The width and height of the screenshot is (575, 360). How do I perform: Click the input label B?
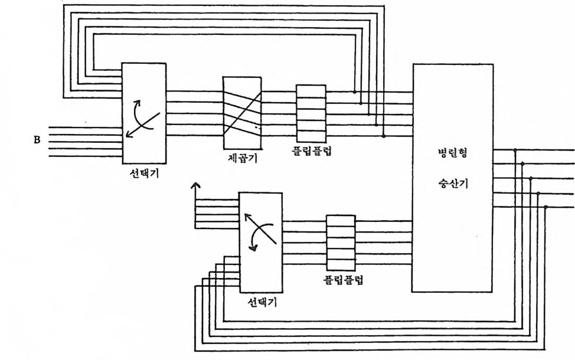[x=37, y=141]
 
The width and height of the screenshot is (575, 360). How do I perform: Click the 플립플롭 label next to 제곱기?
[x=312, y=151]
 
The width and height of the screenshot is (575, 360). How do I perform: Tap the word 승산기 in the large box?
[x=453, y=184]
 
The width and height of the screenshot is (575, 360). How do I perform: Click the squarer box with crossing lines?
[x=243, y=113]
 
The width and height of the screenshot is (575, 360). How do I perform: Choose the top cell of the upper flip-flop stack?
[x=311, y=91]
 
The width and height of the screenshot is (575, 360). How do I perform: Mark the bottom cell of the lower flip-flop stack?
[x=341, y=260]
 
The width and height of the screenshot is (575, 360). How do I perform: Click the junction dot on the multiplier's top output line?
[x=516, y=150]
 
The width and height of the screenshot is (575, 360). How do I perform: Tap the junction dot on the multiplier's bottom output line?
[x=545, y=207]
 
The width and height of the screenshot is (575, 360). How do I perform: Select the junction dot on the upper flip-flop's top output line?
[x=354, y=92]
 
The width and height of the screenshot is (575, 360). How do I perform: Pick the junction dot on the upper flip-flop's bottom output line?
[x=383, y=136]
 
